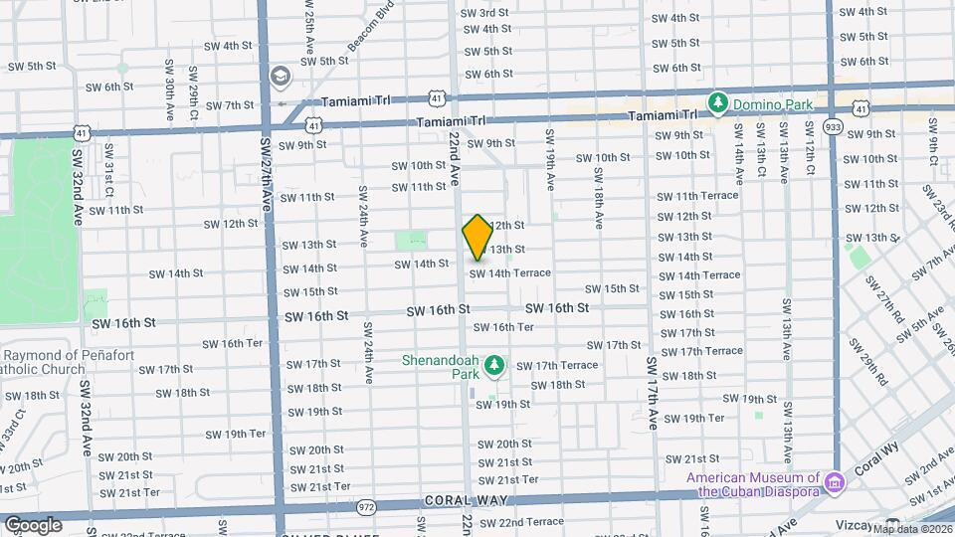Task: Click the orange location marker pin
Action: coord(477,238)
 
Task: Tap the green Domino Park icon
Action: coord(717,102)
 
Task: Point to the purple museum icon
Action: coord(836,482)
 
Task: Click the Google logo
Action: coord(33,524)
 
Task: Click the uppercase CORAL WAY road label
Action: coord(458,500)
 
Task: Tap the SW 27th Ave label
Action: coord(266,171)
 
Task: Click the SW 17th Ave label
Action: coord(653,393)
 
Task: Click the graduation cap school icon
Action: coord(281,77)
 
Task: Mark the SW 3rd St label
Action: coord(486,13)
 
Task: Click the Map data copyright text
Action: coord(909,527)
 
